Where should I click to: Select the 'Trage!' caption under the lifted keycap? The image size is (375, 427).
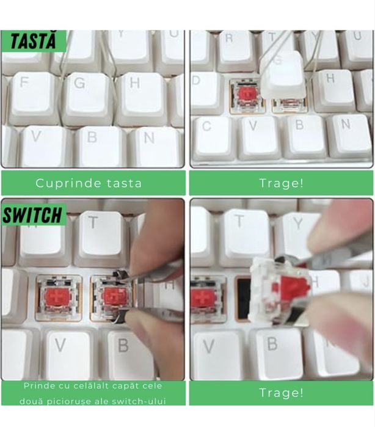[x=281, y=183]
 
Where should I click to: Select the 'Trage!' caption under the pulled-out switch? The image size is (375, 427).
[x=281, y=392]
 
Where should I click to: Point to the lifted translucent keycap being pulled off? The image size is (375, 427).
[x=282, y=73]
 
